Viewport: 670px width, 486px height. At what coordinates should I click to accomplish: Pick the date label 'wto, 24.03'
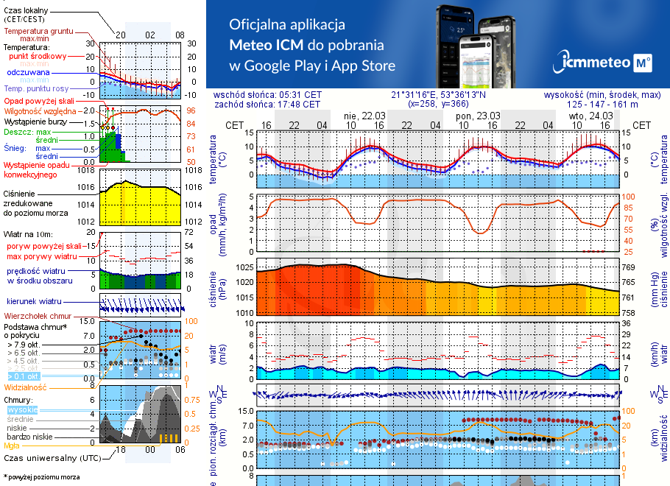click(x=590, y=116)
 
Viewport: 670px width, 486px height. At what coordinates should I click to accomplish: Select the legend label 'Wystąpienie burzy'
click(x=34, y=120)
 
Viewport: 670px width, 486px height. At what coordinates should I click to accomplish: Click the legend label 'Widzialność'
click(x=26, y=387)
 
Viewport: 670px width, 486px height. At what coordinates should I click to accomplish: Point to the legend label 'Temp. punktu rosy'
click(x=37, y=89)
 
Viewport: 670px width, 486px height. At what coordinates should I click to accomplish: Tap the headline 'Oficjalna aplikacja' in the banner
click(x=287, y=24)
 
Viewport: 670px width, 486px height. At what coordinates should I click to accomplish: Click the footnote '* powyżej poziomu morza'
click(x=41, y=477)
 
